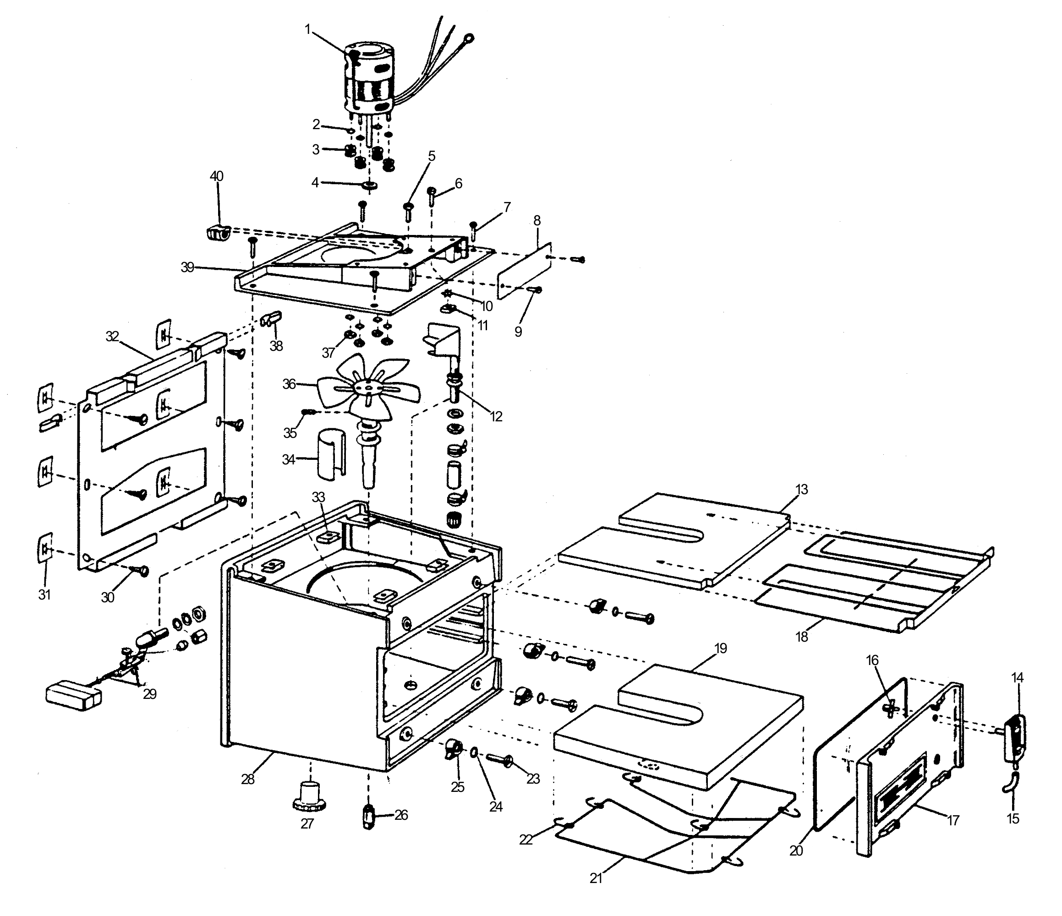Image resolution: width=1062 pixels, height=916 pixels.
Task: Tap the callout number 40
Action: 216,176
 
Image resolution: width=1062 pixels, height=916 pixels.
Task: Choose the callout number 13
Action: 802,489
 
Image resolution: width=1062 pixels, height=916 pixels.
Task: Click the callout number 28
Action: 248,779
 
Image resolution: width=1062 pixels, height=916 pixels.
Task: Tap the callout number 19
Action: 721,649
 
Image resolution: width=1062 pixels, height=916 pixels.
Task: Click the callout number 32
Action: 112,336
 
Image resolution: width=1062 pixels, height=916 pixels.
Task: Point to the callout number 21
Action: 596,878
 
